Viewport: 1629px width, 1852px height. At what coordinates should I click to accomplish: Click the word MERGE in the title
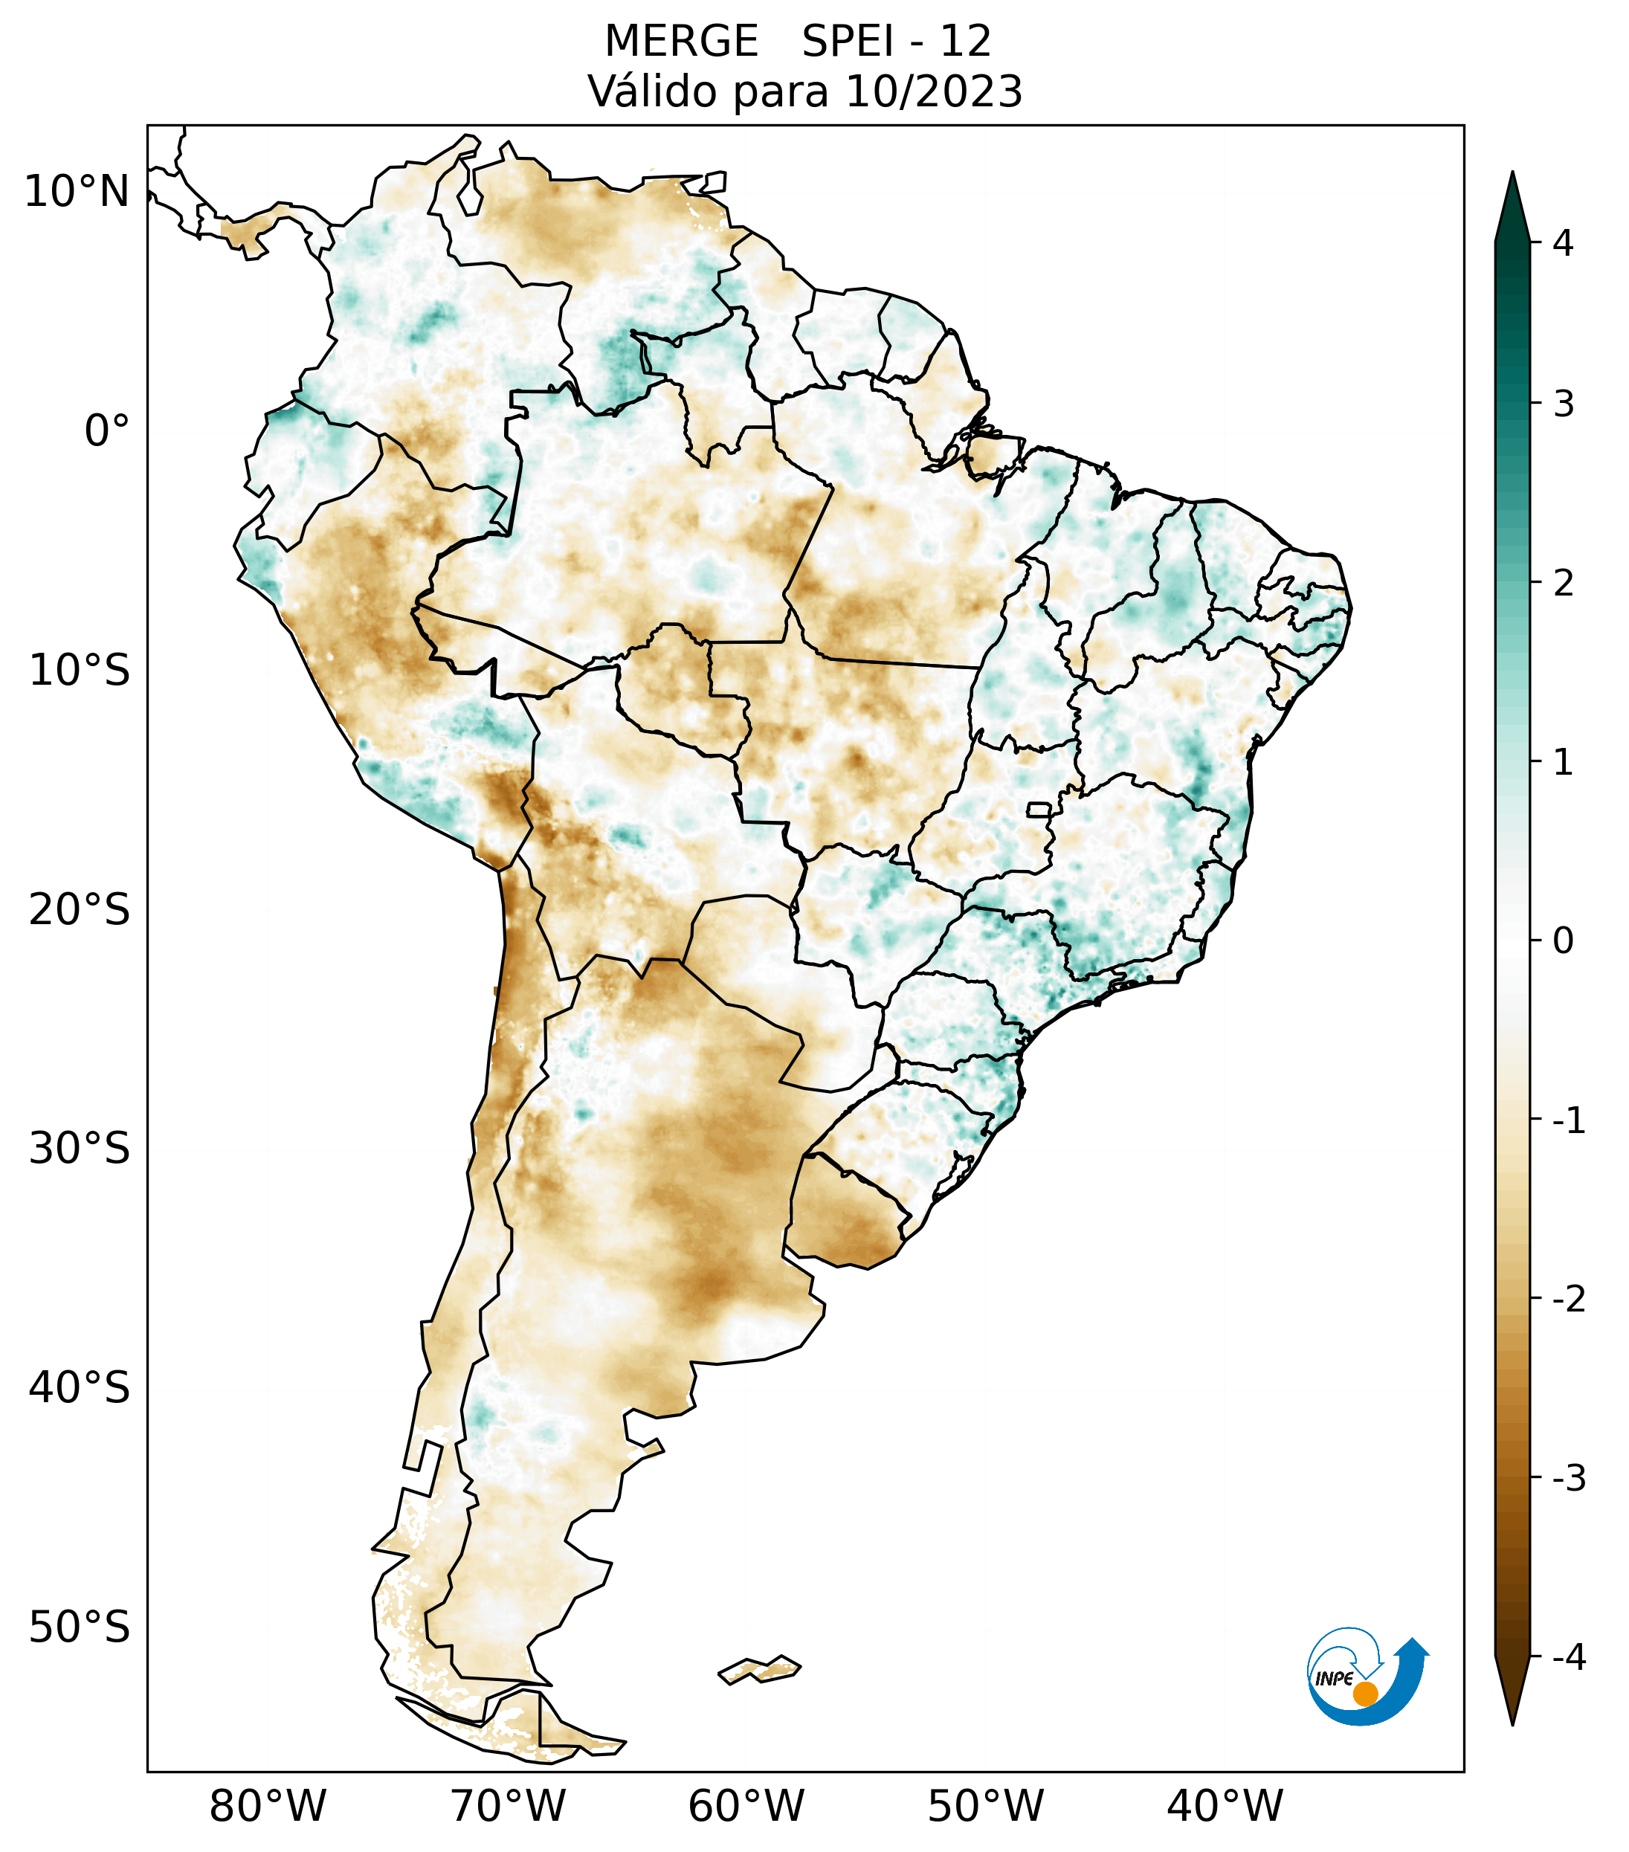coord(680,42)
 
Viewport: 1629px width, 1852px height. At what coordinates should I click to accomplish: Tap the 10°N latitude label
coord(77,192)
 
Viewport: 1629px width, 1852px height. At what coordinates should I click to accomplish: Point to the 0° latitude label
coord(107,431)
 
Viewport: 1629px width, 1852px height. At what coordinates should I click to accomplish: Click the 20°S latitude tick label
coord(80,910)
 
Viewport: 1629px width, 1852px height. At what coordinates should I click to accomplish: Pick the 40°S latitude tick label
coord(80,1388)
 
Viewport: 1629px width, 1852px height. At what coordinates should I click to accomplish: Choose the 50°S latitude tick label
coord(80,1628)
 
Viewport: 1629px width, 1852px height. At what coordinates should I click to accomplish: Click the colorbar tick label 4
coord(1563,243)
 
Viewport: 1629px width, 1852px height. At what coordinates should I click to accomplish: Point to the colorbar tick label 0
coord(1563,940)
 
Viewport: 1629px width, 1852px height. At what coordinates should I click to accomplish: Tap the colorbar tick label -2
coord(1568,1300)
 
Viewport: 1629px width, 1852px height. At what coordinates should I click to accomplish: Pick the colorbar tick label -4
coord(1568,1658)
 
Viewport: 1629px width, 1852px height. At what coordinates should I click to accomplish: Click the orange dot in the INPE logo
coord(1364,1694)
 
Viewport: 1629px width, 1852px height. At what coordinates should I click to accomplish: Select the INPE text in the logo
coord(1334,1679)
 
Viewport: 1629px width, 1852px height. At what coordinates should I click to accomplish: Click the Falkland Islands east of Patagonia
coord(759,1669)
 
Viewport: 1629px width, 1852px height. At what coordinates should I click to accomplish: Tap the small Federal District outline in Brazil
coord(1038,808)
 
